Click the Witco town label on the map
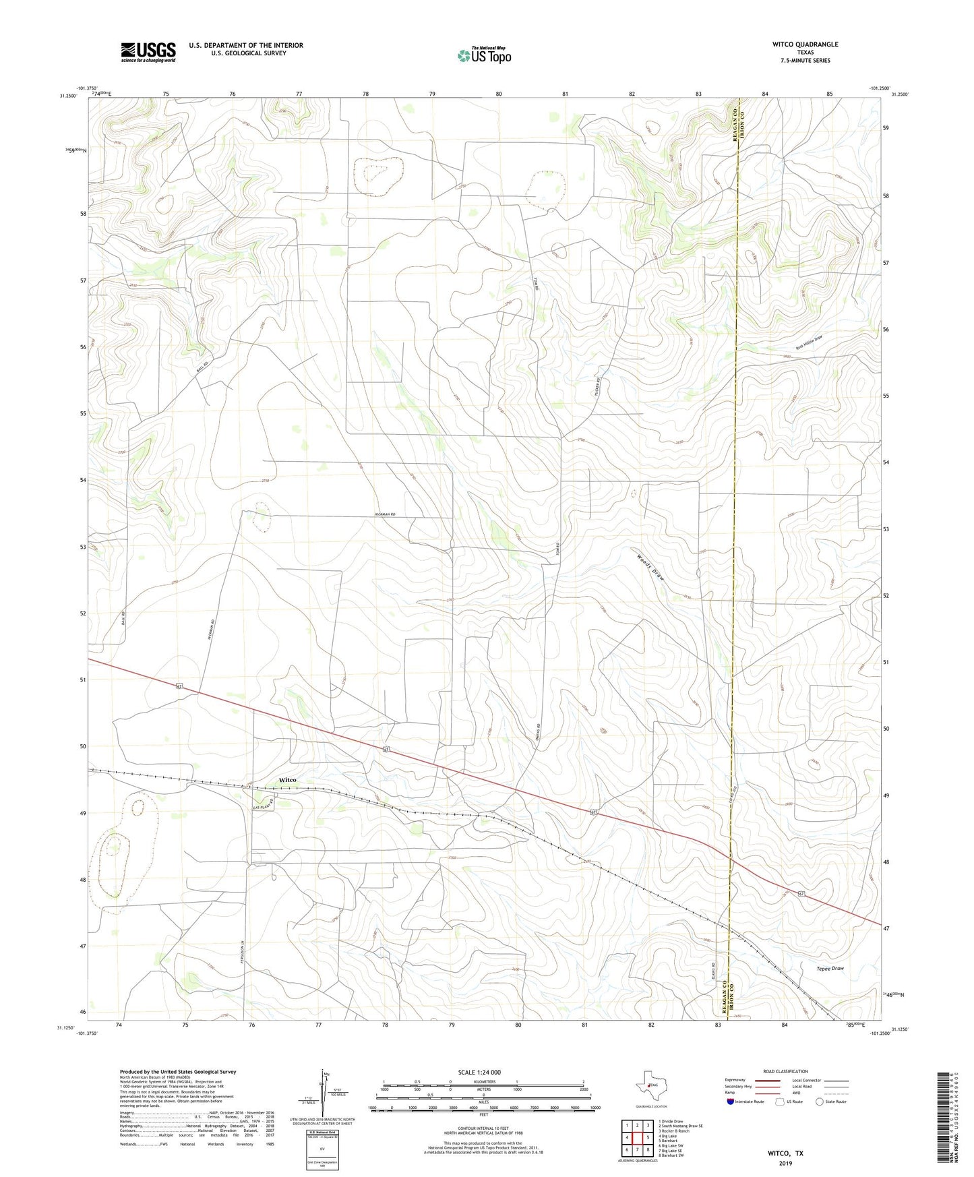point(287,780)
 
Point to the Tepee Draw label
point(830,968)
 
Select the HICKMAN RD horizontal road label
point(384,514)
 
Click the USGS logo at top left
point(148,52)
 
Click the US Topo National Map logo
point(484,55)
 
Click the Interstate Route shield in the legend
point(731,1101)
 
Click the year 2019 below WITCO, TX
point(785,1163)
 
